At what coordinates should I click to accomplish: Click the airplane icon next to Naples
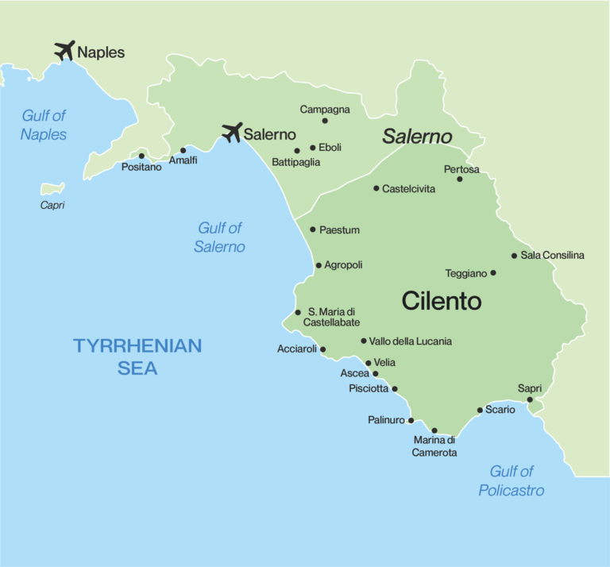(x=64, y=51)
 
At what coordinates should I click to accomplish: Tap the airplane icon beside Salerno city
(x=232, y=132)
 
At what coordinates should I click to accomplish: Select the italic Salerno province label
(x=417, y=137)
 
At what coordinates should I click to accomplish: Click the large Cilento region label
(x=442, y=301)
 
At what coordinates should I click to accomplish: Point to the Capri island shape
(x=52, y=189)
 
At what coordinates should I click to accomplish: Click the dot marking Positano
(x=141, y=156)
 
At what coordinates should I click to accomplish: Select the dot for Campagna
(x=325, y=121)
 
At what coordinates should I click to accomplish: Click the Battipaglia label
(x=296, y=162)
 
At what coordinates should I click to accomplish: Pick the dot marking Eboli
(x=313, y=147)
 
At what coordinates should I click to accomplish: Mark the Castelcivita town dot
(x=376, y=188)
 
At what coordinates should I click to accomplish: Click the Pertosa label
(x=461, y=169)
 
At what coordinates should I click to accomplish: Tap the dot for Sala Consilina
(x=514, y=256)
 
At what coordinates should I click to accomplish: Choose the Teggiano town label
(x=465, y=273)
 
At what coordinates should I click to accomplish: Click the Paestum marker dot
(x=313, y=229)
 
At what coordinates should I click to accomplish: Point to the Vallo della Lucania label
(x=411, y=341)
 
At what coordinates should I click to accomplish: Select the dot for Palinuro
(x=411, y=420)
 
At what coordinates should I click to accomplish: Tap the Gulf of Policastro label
(x=512, y=481)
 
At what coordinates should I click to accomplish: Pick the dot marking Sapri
(x=530, y=399)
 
